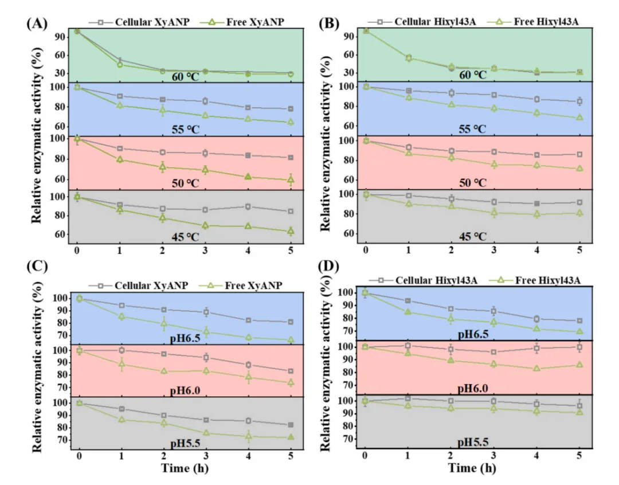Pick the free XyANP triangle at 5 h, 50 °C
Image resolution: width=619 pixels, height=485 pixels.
291,180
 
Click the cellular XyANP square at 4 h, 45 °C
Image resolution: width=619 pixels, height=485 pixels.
248,206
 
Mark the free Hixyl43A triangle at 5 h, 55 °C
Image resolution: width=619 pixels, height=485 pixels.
579,118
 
